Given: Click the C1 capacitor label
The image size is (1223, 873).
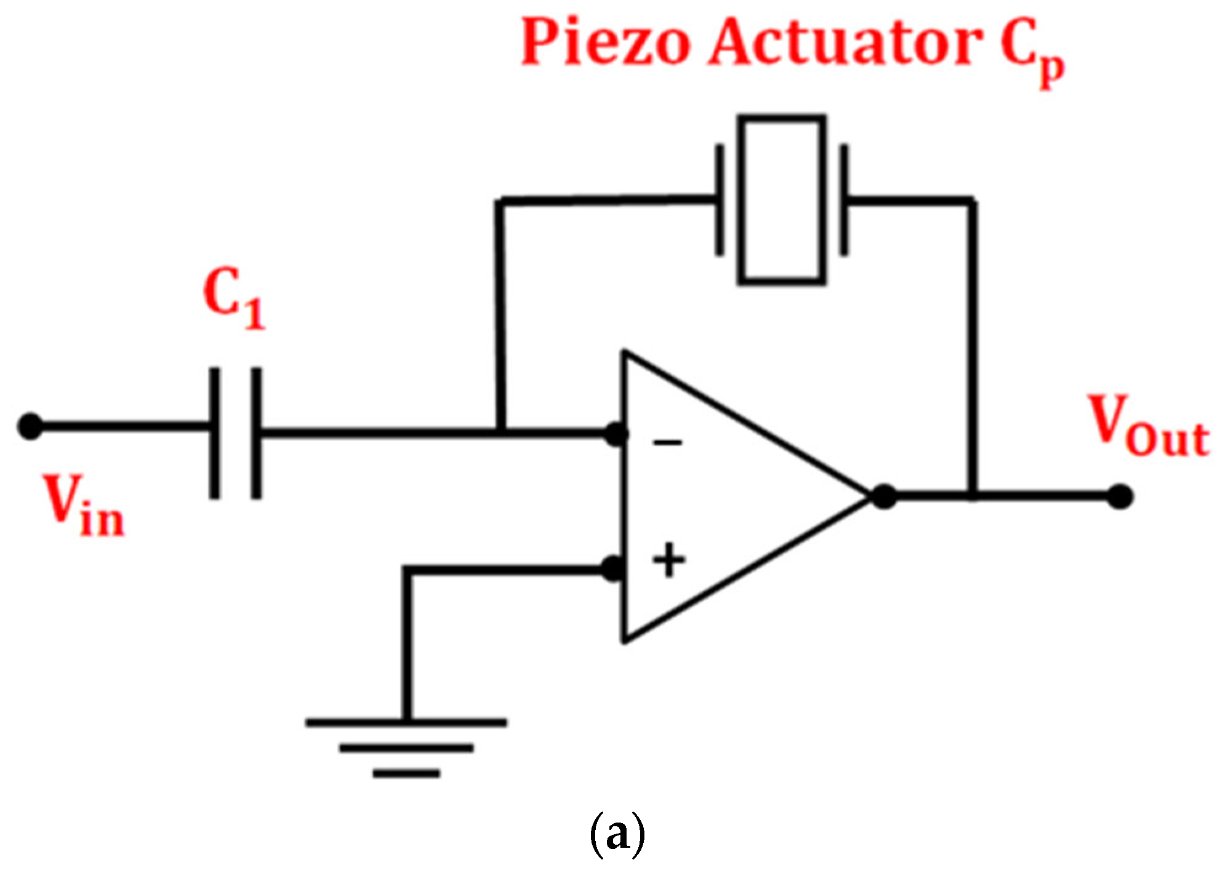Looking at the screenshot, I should [233, 299].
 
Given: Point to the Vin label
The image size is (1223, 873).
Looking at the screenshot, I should [85, 506].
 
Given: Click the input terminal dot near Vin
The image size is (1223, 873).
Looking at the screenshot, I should [30, 426].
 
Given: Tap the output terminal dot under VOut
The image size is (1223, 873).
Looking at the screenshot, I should [1120, 496].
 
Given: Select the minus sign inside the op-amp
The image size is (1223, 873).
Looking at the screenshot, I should [667, 442].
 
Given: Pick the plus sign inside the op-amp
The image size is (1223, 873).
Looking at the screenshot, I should [668, 560].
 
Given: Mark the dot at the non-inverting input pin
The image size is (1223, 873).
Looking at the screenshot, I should [612, 569].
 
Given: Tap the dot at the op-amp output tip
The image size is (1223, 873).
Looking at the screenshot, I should [884, 496].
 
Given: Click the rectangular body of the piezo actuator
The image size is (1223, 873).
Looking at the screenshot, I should [781, 200].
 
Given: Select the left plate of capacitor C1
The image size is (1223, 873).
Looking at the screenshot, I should [214, 433].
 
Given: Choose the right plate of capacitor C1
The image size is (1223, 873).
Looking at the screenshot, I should [255, 433].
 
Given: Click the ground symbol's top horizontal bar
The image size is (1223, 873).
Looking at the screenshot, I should [406, 723].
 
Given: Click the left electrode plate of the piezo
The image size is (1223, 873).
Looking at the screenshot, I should [719, 200].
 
